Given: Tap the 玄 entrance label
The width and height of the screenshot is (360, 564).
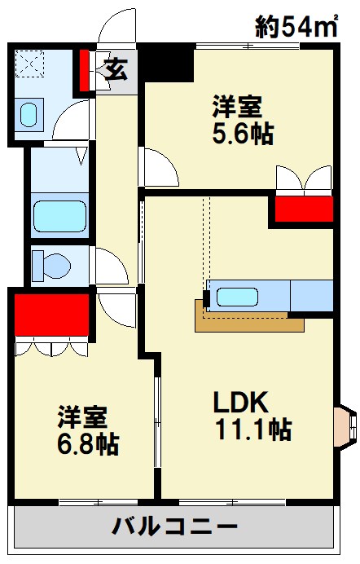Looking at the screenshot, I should point(116,70).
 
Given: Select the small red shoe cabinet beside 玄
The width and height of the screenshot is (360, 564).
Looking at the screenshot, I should point(84,71).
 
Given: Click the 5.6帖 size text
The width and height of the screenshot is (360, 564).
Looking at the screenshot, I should point(242,134).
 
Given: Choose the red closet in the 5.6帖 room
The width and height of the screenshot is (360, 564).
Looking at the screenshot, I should point(303,209).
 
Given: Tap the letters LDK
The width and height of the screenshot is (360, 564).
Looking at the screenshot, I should point(242,402).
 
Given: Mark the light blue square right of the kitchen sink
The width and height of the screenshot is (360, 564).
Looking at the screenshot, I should point(311,295).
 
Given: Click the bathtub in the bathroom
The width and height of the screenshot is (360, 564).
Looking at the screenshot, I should point(59,216).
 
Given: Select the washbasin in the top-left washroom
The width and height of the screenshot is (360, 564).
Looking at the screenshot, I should point(29,113).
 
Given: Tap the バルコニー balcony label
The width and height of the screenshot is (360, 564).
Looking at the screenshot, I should point(174,526).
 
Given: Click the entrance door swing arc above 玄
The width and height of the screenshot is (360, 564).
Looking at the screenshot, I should point(116,27).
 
